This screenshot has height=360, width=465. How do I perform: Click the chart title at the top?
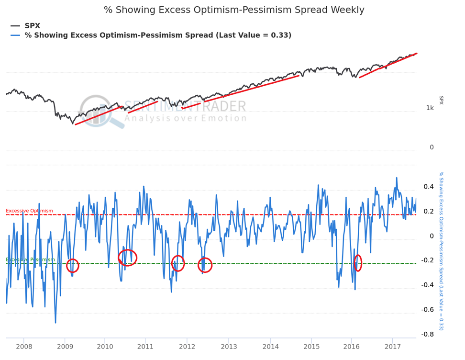(234, 10)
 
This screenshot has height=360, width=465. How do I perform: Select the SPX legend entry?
(33, 25)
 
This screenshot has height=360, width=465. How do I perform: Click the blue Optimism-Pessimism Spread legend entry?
(158, 35)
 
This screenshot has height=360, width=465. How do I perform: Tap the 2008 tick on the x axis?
(24, 346)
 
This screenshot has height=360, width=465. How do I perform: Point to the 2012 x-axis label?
(187, 346)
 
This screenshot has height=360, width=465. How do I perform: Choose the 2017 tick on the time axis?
(393, 346)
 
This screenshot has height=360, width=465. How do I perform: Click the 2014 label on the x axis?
(270, 346)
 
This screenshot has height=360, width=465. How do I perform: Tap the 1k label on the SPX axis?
(430, 108)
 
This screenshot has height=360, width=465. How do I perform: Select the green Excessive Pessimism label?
(30, 259)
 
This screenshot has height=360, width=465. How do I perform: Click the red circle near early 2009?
(73, 265)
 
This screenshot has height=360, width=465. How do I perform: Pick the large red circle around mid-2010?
(127, 258)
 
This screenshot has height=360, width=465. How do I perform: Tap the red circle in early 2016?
(358, 262)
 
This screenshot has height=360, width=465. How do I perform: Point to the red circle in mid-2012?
(205, 265)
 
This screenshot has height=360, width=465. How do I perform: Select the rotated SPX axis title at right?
(441, 100)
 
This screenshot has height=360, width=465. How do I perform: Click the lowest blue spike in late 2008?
(55, 323)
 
